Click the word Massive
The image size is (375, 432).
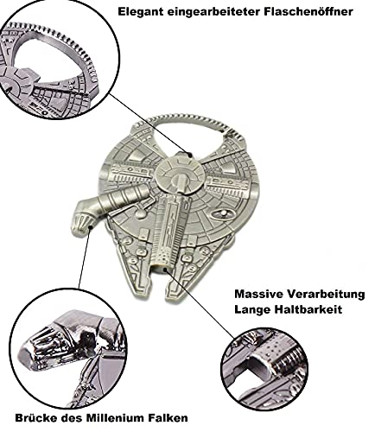(x=258, y=294)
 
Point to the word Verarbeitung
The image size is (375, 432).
(x=326, y=295)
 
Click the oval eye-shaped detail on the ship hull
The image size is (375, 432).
(x=223, y=213)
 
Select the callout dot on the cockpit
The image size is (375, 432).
(x=91, y=227)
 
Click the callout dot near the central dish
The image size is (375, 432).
(x=190, y=155)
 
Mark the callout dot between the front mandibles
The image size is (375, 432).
(x=165, y=270)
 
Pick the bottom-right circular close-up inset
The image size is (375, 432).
(x=264, y=369)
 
